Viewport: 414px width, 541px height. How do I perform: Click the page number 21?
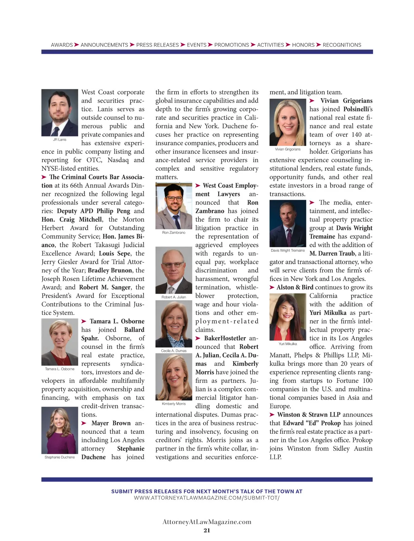tap(207, 530)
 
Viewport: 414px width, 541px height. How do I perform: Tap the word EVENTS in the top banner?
tap(197, 45)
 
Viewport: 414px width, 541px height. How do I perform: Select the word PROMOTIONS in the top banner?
tap(231, 45)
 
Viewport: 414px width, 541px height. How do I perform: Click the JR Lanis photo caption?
tap(60, 140)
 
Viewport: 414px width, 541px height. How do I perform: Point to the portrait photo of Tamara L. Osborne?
tap(60, 342)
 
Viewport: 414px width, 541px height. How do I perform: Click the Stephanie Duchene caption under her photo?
tap(60, 457)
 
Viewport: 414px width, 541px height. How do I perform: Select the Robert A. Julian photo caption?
tap(174, 297)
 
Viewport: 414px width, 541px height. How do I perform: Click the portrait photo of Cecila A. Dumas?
tap(174, 324)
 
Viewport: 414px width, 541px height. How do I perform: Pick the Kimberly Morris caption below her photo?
tap(174, 404)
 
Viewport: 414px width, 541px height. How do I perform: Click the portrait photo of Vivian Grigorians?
tap(288, 122)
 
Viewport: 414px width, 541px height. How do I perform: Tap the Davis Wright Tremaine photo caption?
tap(288, 250)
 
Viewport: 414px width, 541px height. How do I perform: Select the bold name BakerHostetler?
tap(225, 338)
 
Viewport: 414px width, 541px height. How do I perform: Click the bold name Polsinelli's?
tap(358, 109)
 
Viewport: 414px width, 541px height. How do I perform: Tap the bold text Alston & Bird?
tap(295, 287)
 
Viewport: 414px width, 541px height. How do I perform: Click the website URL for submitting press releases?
tap(207, 498)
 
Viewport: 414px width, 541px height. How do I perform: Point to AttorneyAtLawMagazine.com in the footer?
tap(207, 522)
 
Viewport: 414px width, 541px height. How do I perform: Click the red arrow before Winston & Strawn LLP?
tap(272, 414)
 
